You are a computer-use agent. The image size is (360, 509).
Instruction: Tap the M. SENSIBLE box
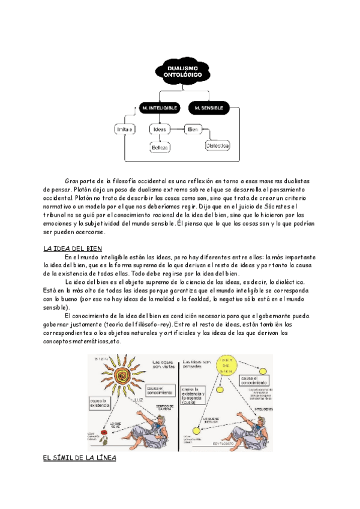(208, 108)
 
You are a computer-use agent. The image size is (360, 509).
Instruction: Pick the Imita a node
(124, 129)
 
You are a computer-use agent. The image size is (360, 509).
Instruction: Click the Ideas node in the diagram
(160, 129)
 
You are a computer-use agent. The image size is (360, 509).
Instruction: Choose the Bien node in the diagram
(193, 129)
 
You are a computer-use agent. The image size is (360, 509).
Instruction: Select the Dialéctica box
(218, 145)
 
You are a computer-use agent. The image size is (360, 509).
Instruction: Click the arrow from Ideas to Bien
(177, 129)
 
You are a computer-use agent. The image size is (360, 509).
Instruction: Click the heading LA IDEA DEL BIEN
(73, 248)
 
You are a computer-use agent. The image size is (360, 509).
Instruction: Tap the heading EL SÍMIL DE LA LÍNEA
(79, 457)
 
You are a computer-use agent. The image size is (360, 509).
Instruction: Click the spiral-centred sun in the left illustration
(122, 376)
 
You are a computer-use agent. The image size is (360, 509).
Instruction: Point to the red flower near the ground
(105, 432)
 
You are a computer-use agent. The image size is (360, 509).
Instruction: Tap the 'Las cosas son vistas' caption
(164, 365)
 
